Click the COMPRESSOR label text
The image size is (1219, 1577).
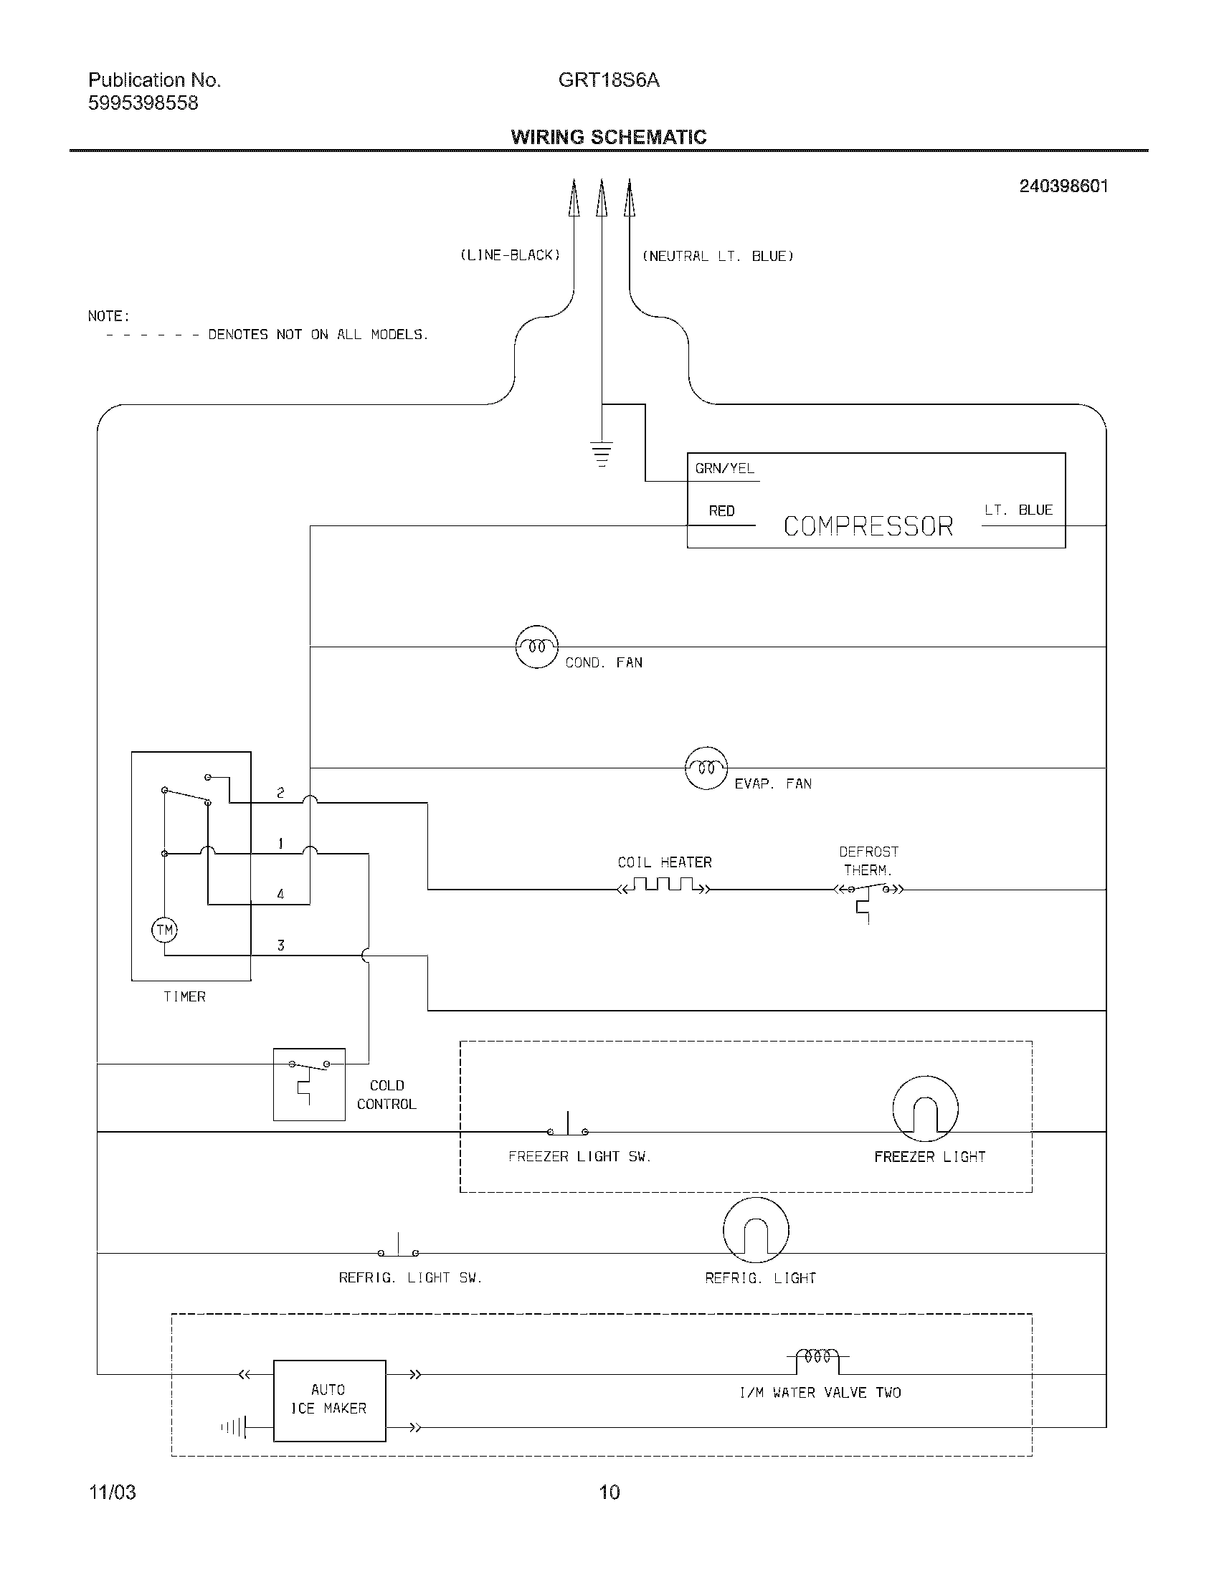868,525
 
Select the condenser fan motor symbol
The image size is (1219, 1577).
536,647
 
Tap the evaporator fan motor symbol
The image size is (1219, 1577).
706,768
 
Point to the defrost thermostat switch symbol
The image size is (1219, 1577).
868,892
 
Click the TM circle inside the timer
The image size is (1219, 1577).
164,929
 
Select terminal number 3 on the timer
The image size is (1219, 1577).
281,945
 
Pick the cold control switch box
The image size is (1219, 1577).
309,1084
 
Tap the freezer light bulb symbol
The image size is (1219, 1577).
925,1110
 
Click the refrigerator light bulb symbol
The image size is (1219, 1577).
755,1231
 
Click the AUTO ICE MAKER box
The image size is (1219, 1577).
329,1401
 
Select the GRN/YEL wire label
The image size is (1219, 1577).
724,468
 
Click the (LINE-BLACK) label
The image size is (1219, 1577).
511,255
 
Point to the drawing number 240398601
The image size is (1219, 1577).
1063,186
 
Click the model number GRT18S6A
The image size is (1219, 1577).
609,80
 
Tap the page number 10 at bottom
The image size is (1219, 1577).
609,1492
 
